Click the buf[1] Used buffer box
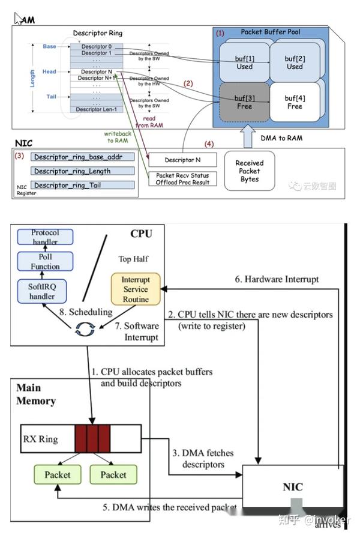pyautogui.click(x=244, y=62)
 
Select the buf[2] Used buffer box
pyautogui.click(x=294, y=62)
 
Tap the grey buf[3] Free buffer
pyautogui.click(x=244, y=102)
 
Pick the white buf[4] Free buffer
pyautogui.click(x=294, y=102)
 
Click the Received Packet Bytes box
pyautogui.click(x=250, y=171)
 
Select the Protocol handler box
pyautogui.click(x=45, y=237)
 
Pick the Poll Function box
pyautogui.click(x=45, y=262)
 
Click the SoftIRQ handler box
pyautogui.click(x=42, y=291)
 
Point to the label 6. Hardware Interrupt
pyautogui.click(x=276, y=279)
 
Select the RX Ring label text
pyautogui.click(x=41, y=439)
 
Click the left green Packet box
pyautogui.click(x=58, y=474)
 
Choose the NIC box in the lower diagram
pyautogui.click(x=292, y=486)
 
